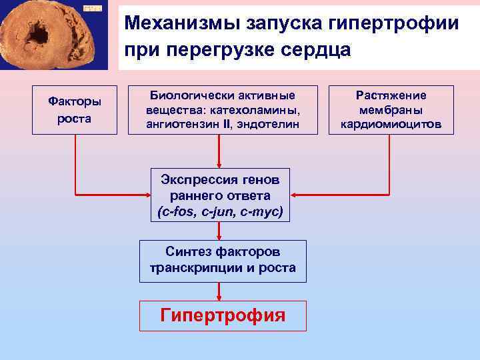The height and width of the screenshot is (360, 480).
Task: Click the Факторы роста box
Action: click(75, 110)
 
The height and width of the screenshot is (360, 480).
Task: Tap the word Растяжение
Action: click(391, 95)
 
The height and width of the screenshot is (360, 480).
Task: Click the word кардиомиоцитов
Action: click(391, 123)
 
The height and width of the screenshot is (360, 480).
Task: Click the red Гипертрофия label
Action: click(223, 315)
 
